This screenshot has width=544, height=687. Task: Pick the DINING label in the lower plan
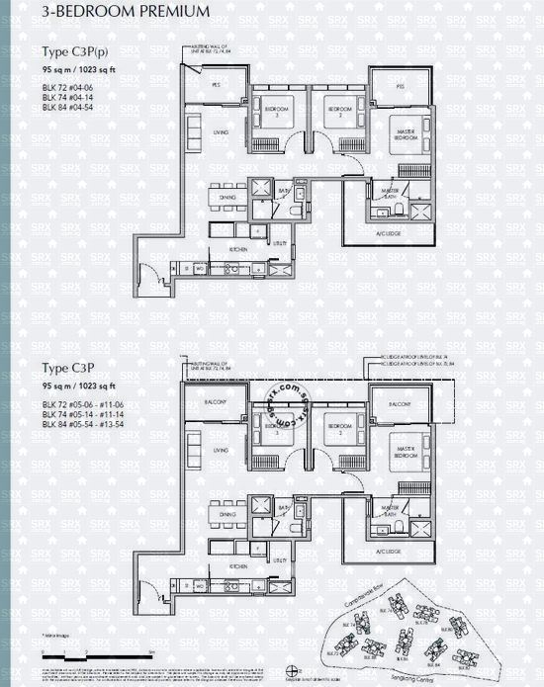coord(227,514)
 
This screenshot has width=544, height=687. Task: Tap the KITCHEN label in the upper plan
coord(238,250)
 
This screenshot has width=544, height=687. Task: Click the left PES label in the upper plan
coord(215,86)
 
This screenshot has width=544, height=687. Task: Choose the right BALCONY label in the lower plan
coord(400,405)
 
